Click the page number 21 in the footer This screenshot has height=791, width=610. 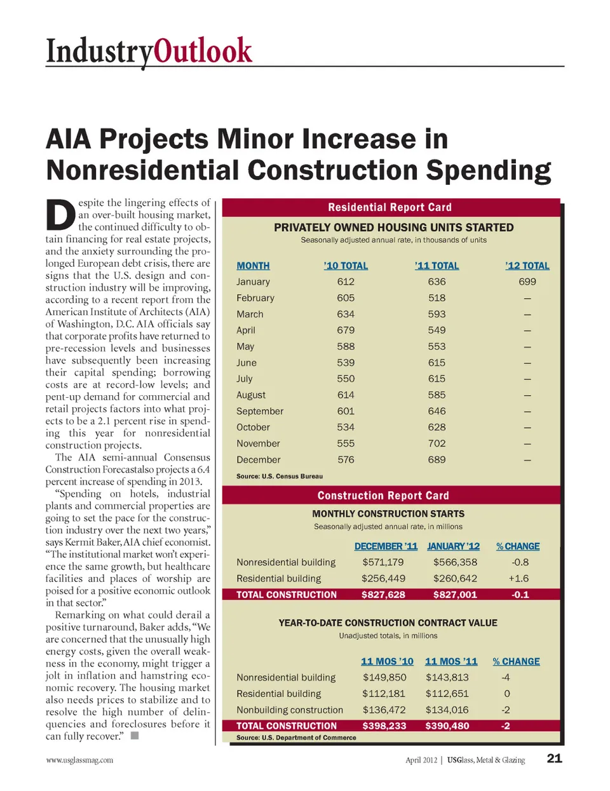[x=554, y=758]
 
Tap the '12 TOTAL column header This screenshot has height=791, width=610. [x=527, y=266]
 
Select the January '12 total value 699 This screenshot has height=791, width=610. [x=527, y=281]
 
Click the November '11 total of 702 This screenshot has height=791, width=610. [x=437, y=443]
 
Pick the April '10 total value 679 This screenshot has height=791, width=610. [x=346, y=330]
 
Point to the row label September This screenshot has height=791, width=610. [x=260, y=411]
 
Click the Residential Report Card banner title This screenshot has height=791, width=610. [x=390, y=207]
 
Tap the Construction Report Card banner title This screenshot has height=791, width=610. [x=383, y=496]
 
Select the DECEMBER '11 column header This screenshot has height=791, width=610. [x=386, y=546]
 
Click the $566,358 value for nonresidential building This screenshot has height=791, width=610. [x=455, y=562]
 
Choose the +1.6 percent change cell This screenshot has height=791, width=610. [x=518, y=579]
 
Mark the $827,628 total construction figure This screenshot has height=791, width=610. [x=383, y=595]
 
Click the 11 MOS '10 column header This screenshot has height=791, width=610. [x=387, y=661]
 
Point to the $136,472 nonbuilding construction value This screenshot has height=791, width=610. [x=384, y=710]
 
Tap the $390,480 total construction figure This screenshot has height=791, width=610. [x=447, y=726]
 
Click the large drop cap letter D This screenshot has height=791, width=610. [x=61, y=215]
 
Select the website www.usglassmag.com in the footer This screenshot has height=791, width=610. [x=79, y=760]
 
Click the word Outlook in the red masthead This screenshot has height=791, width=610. [x=203, y=51]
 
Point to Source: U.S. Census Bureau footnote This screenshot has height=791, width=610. [x=280, y=476]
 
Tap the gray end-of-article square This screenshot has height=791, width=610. [x=134, y=736]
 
